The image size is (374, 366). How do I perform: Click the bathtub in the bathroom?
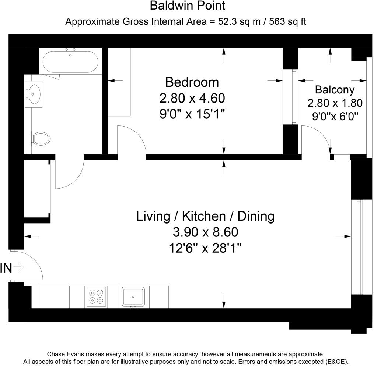(x=70, y=62)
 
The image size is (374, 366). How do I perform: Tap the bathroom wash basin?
(x=34, y=94)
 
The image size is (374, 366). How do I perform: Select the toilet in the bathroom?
(x=41, y=139)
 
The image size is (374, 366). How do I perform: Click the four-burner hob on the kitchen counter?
(x=96, y=296)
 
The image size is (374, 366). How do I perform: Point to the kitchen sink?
(x=133, y=297)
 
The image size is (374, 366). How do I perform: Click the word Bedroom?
(x=192, y=82)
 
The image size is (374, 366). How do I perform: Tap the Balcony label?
(x=335, y=90)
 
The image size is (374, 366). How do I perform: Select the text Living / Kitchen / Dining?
(x=205, y=216)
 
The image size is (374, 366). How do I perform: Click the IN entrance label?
(x=6, y=268)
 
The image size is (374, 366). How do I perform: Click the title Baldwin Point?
(x=188, y=6)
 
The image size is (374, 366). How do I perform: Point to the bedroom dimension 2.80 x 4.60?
(x=192, y=98)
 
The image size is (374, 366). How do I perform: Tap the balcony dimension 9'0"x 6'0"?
(x=335, y=117)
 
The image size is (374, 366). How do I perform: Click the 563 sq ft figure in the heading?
(x=287, y=21)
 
